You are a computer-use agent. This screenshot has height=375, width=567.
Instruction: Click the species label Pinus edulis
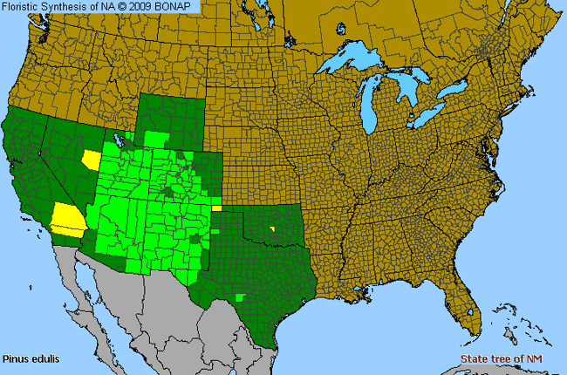click(x=27, y=358)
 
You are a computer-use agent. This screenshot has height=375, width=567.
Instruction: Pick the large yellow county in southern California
click(x=67, y=217)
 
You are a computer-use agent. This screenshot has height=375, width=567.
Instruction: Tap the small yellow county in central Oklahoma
click(x=272, y=229)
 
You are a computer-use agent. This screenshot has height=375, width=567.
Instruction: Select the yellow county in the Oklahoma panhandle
click(x=216, y=208)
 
